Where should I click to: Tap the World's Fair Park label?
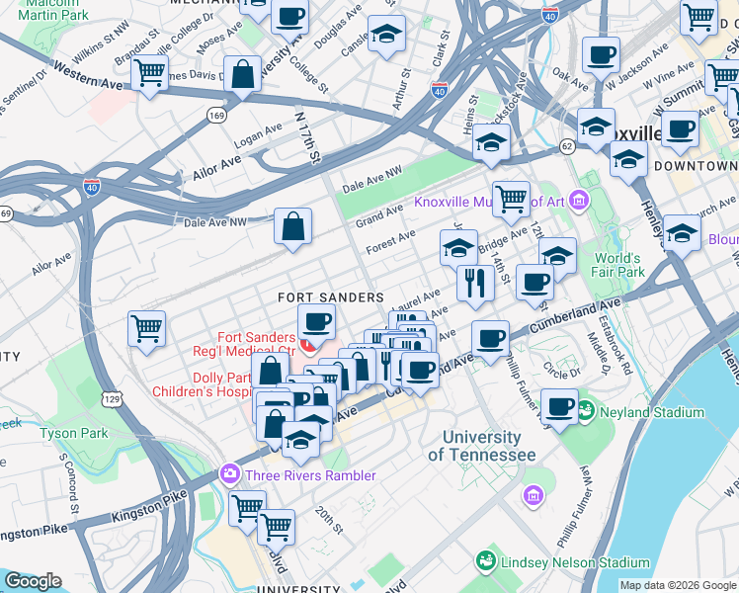pos(618,265)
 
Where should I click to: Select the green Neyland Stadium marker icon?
pos(585,408)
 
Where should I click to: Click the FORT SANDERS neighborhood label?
pos(330,297)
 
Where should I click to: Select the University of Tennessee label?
pos(482,446)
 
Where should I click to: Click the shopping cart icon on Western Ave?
pos(148,73)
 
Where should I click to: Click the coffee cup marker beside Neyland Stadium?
pos(560,406)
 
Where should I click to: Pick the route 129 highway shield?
pos(115,397)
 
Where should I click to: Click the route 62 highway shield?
pos(566,146)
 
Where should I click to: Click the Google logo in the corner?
pos(33,581)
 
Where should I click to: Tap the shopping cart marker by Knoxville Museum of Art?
pos(511,198)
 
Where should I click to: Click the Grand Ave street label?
pos(379,212)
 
